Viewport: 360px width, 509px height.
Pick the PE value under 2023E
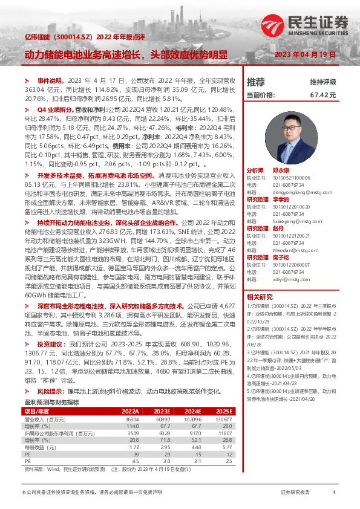click(165, 436)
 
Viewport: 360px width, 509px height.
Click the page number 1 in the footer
click(334, 493)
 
